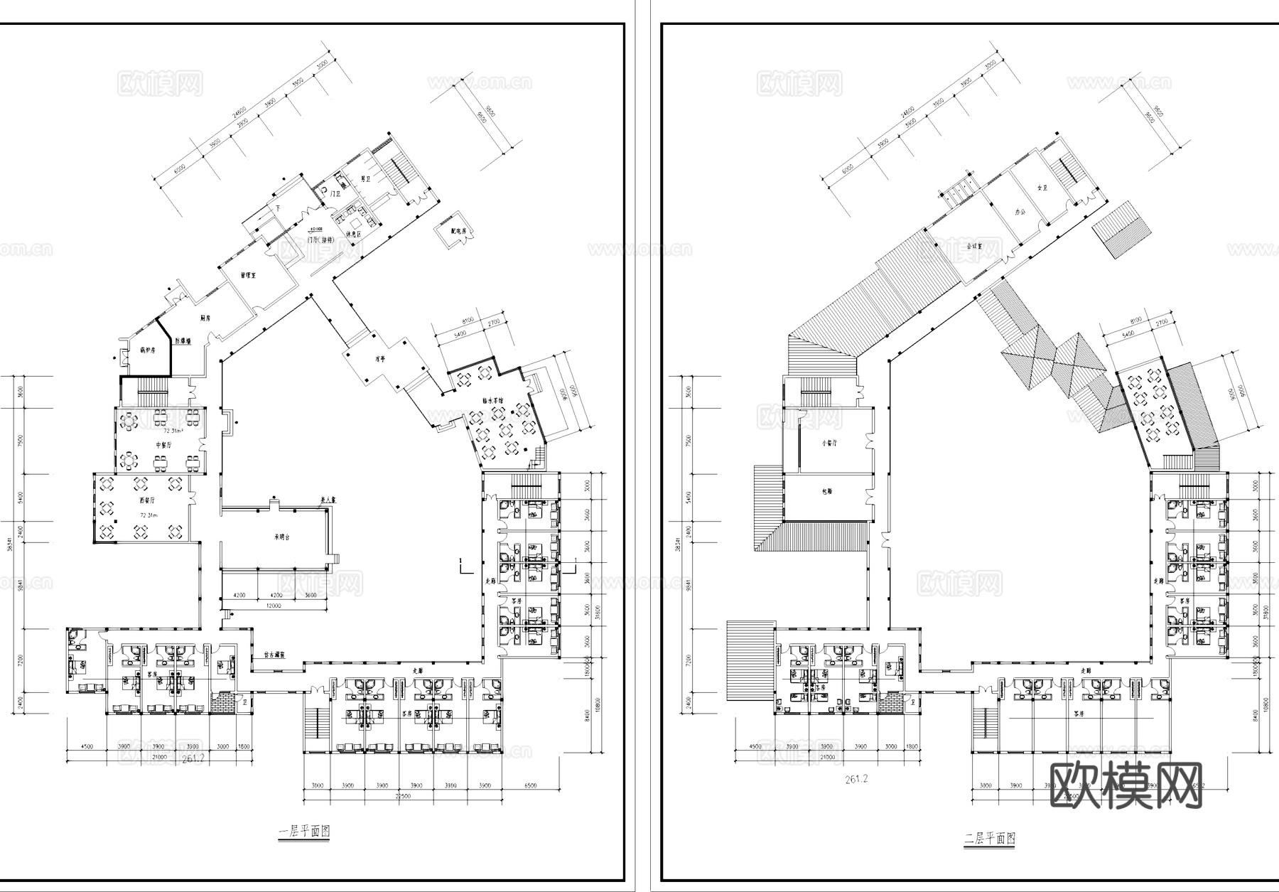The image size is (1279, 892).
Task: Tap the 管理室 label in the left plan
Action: (247, 275)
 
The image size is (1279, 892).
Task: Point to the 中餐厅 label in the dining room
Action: (164, 445)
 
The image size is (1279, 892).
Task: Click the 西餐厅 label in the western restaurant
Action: (147, 500)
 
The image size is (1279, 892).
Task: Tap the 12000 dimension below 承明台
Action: (274, 606)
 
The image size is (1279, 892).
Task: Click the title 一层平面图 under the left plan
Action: (304, 832)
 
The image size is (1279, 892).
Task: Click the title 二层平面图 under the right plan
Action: (989, 839)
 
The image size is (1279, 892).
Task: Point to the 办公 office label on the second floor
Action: (1021, 213)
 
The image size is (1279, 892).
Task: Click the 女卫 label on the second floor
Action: (1042, 188)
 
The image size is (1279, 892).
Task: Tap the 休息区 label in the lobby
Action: (353, 235)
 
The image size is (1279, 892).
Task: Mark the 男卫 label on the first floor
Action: (366, 180)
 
